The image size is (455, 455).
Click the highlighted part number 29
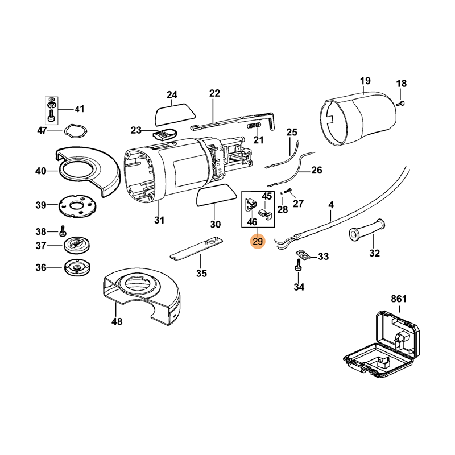point(258,242)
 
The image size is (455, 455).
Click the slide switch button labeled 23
point(164,135)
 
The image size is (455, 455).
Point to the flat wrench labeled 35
point(196,248)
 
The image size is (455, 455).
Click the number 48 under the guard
point(117,321)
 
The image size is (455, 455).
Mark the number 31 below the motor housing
point(159,220)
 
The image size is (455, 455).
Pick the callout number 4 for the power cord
point(331,204)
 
